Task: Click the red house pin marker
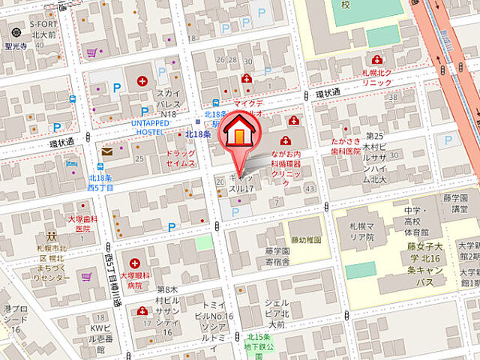point(239,133)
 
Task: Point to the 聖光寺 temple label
point(15,45)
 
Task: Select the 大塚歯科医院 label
point(84,223)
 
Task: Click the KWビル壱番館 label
point(106,334)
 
